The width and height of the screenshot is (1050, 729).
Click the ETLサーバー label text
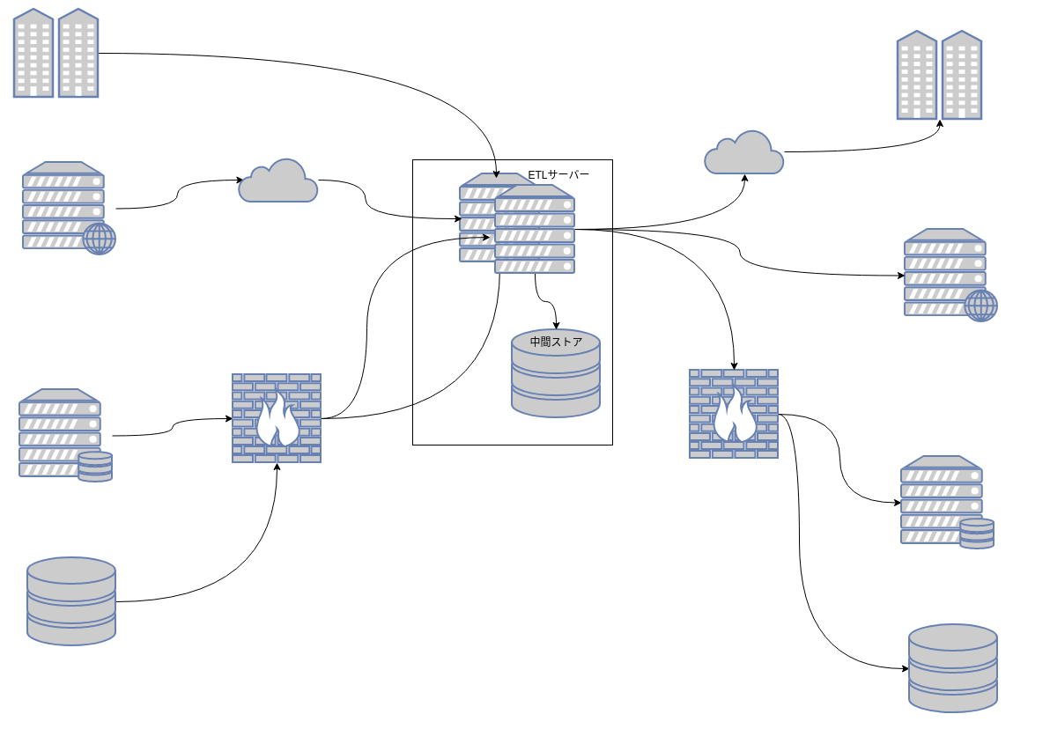coord(558,174)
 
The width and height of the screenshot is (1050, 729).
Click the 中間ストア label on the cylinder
coord(556,342)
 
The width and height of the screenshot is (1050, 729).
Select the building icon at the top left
coord(55,53)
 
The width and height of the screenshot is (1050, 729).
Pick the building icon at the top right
coord(939,76)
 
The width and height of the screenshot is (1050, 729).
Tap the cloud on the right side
coord(744,153)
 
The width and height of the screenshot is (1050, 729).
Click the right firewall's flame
coord(734,415)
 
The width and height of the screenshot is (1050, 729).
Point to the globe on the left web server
coord(99,238)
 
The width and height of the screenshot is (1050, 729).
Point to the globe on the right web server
coord(980,306)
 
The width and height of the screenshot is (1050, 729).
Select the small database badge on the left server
coord(95,466)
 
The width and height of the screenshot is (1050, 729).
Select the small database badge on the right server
coord(977,534)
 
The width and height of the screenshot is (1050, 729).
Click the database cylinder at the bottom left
coord(71,601)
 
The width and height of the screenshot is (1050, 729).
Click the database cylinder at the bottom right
coord(953,668)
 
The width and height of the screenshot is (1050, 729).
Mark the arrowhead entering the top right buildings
coord(940,123)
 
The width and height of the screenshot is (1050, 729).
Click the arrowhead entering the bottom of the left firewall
coord(277,467)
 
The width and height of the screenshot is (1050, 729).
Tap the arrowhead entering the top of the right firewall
coord(734,365)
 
